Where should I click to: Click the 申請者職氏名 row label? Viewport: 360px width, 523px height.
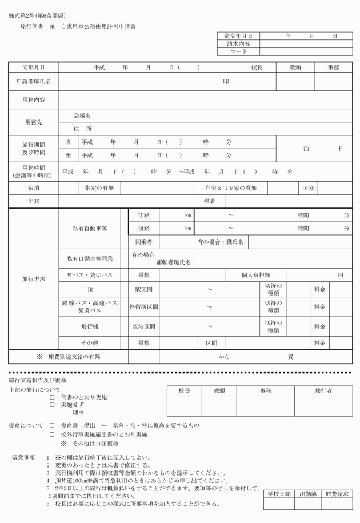point(33,82)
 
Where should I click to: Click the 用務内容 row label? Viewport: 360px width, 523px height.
point(33,99)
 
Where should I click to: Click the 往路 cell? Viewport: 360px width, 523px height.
point(144,215)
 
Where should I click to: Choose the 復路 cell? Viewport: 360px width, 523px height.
point(144,229)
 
